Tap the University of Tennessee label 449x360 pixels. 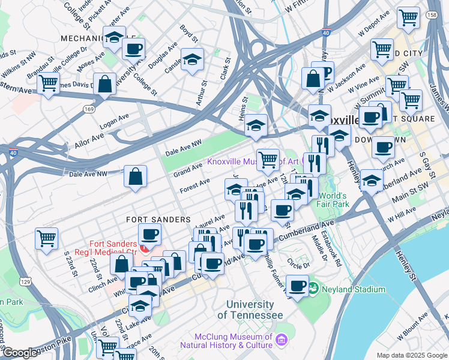pos(250,310)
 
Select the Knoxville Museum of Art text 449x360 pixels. pos(253,161)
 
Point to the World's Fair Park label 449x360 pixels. pos(334,200)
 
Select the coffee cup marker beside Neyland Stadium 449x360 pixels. pos(297,284)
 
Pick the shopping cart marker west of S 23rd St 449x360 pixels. pos(46,238)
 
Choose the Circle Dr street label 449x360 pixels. pos(298,263)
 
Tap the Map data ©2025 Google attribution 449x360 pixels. pos(412,355)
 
